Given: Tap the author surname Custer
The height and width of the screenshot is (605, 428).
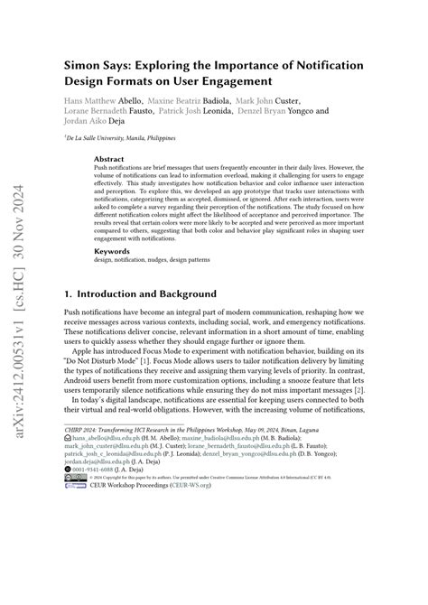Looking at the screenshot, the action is point(284,101).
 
